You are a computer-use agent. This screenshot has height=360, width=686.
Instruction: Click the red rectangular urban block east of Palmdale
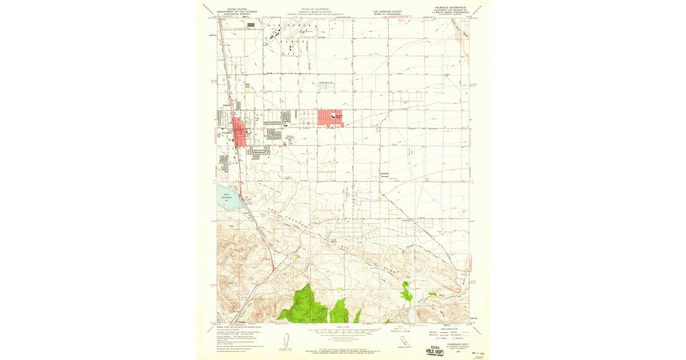click(330, 118)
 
